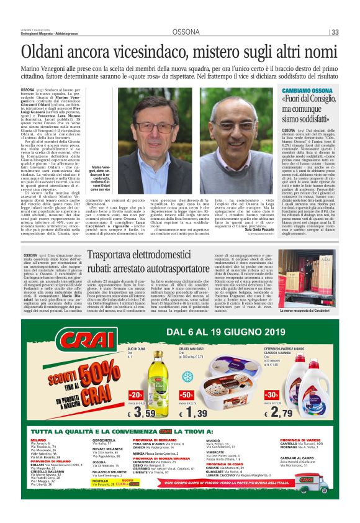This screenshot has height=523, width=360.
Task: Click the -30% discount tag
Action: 272,395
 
